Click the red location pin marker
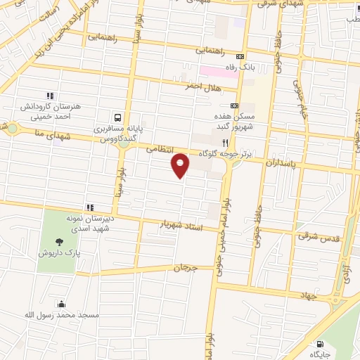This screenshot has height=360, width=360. [x=181, y=165]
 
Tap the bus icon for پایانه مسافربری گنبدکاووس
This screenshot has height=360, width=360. [x=117, y=117]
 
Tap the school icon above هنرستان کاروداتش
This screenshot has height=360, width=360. [x=49, y=96]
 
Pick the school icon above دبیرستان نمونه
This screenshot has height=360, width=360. [x=89, y=207]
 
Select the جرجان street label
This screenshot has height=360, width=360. [x=185, y=268]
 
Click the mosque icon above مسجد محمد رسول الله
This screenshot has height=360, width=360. [x=62, y=304]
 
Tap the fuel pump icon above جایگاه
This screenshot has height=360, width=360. [x=321, y=345]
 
